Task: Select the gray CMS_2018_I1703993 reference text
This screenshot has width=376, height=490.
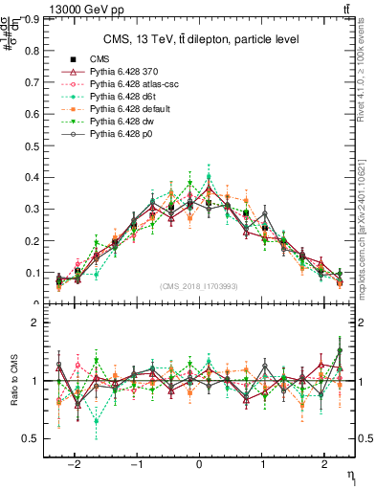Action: coord(200,285)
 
